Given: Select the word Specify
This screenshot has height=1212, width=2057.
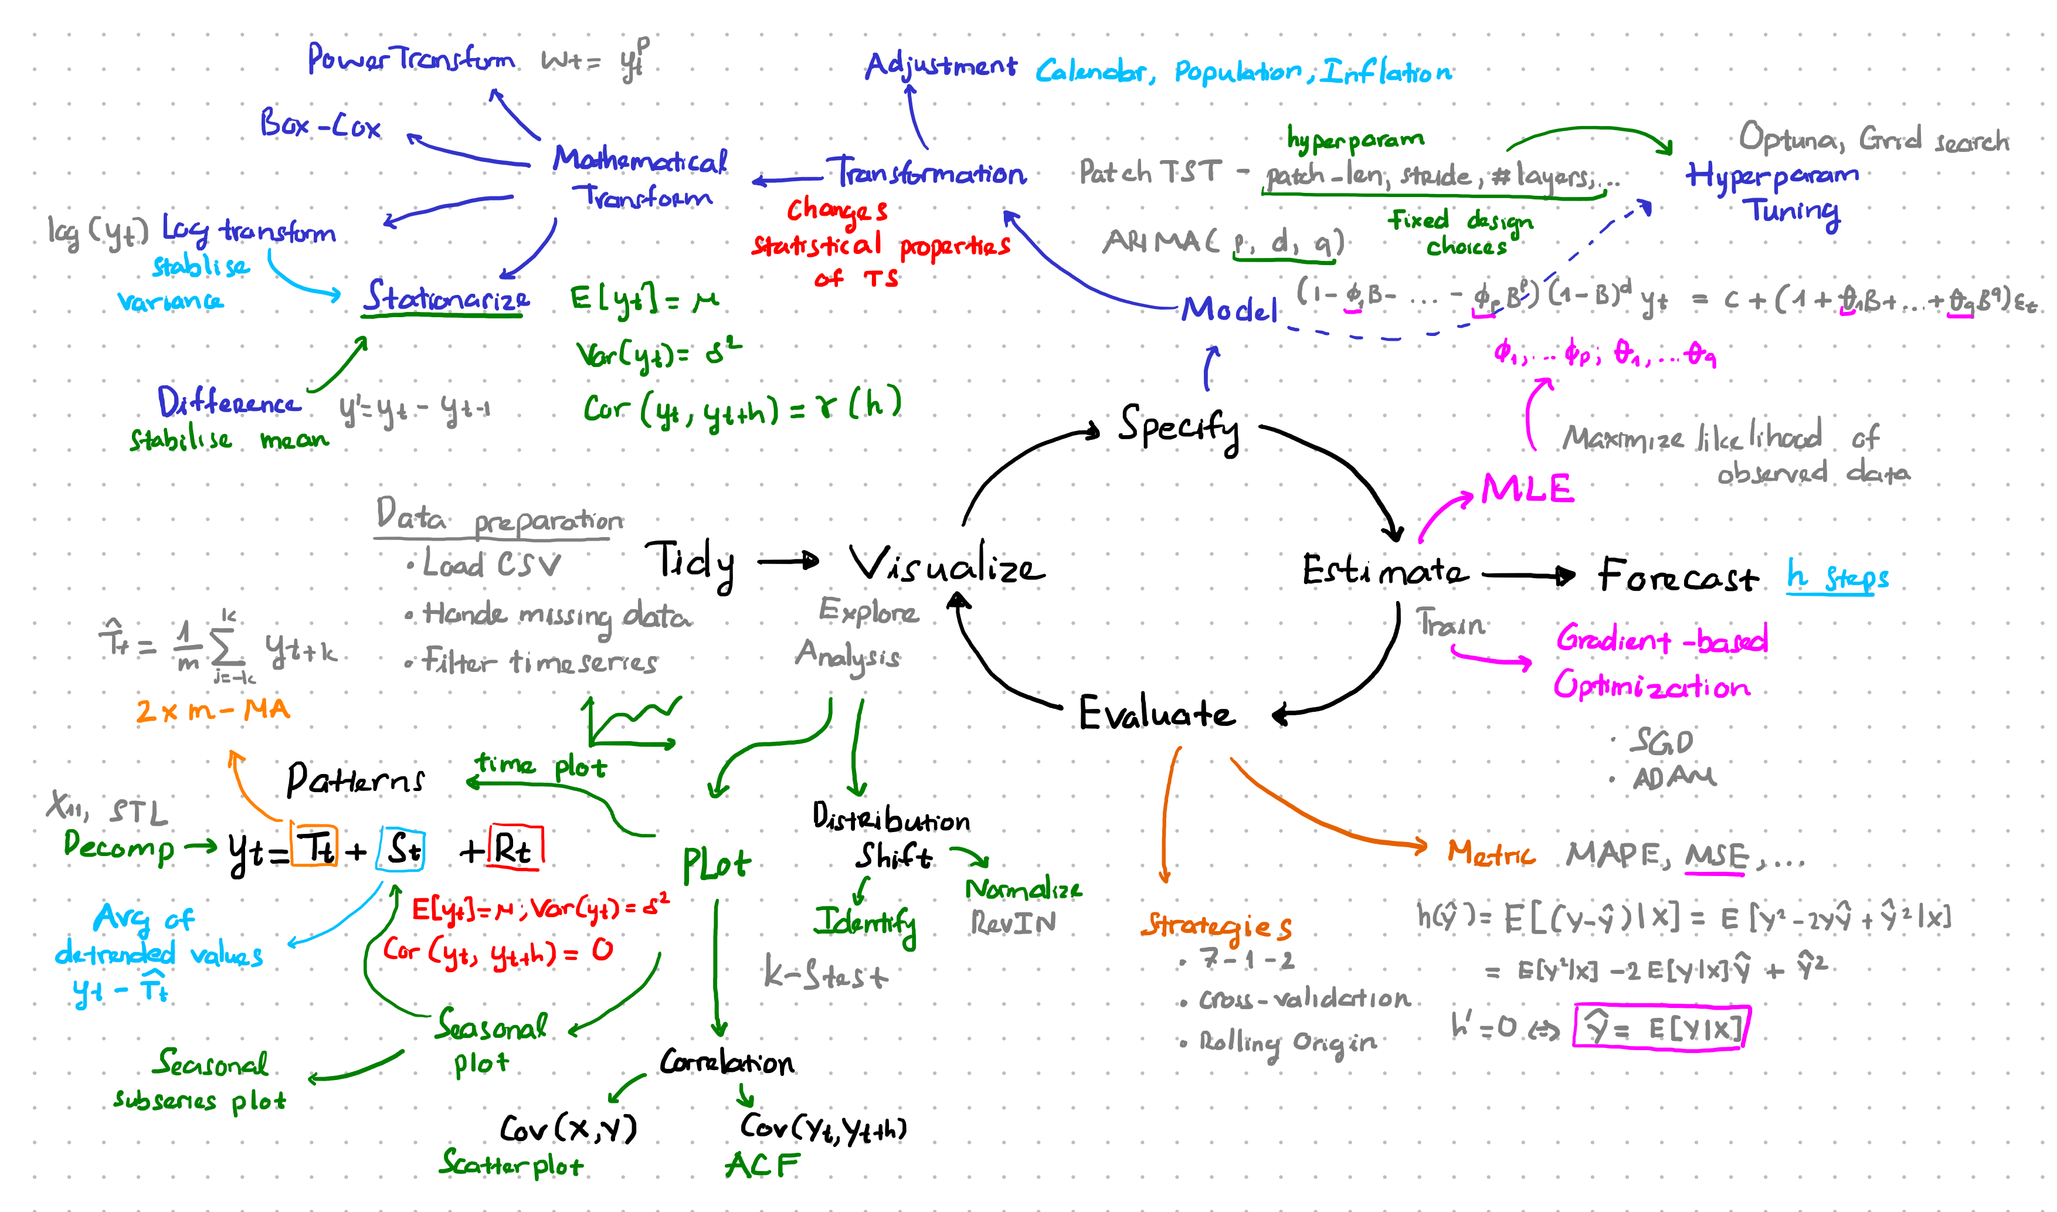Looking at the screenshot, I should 1179,427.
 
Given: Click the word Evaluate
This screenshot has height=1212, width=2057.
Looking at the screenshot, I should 1156,713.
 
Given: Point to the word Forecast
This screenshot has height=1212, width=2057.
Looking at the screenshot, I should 1677,576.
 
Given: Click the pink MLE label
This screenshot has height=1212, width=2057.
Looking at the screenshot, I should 1527,488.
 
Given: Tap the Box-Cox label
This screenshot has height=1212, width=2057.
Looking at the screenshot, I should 320,125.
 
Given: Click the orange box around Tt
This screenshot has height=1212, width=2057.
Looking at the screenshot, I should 314,846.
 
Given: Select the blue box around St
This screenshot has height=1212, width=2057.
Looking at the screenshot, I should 401,850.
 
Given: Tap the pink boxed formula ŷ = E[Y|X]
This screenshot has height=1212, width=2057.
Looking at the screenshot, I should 1658,1027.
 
